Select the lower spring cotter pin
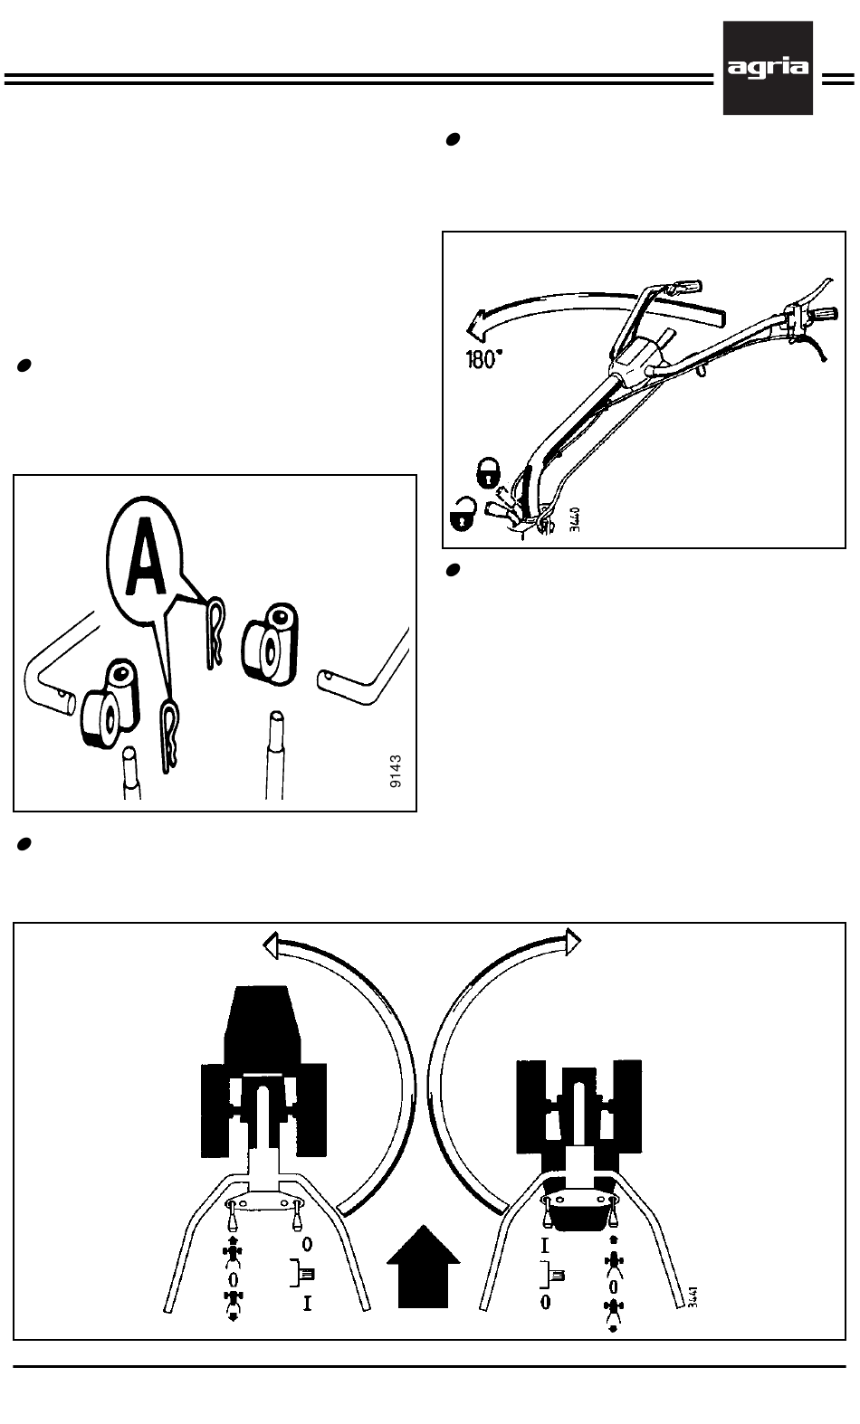169,735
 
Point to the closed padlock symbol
487,470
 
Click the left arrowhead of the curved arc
272,947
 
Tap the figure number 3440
574,523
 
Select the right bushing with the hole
271,642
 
